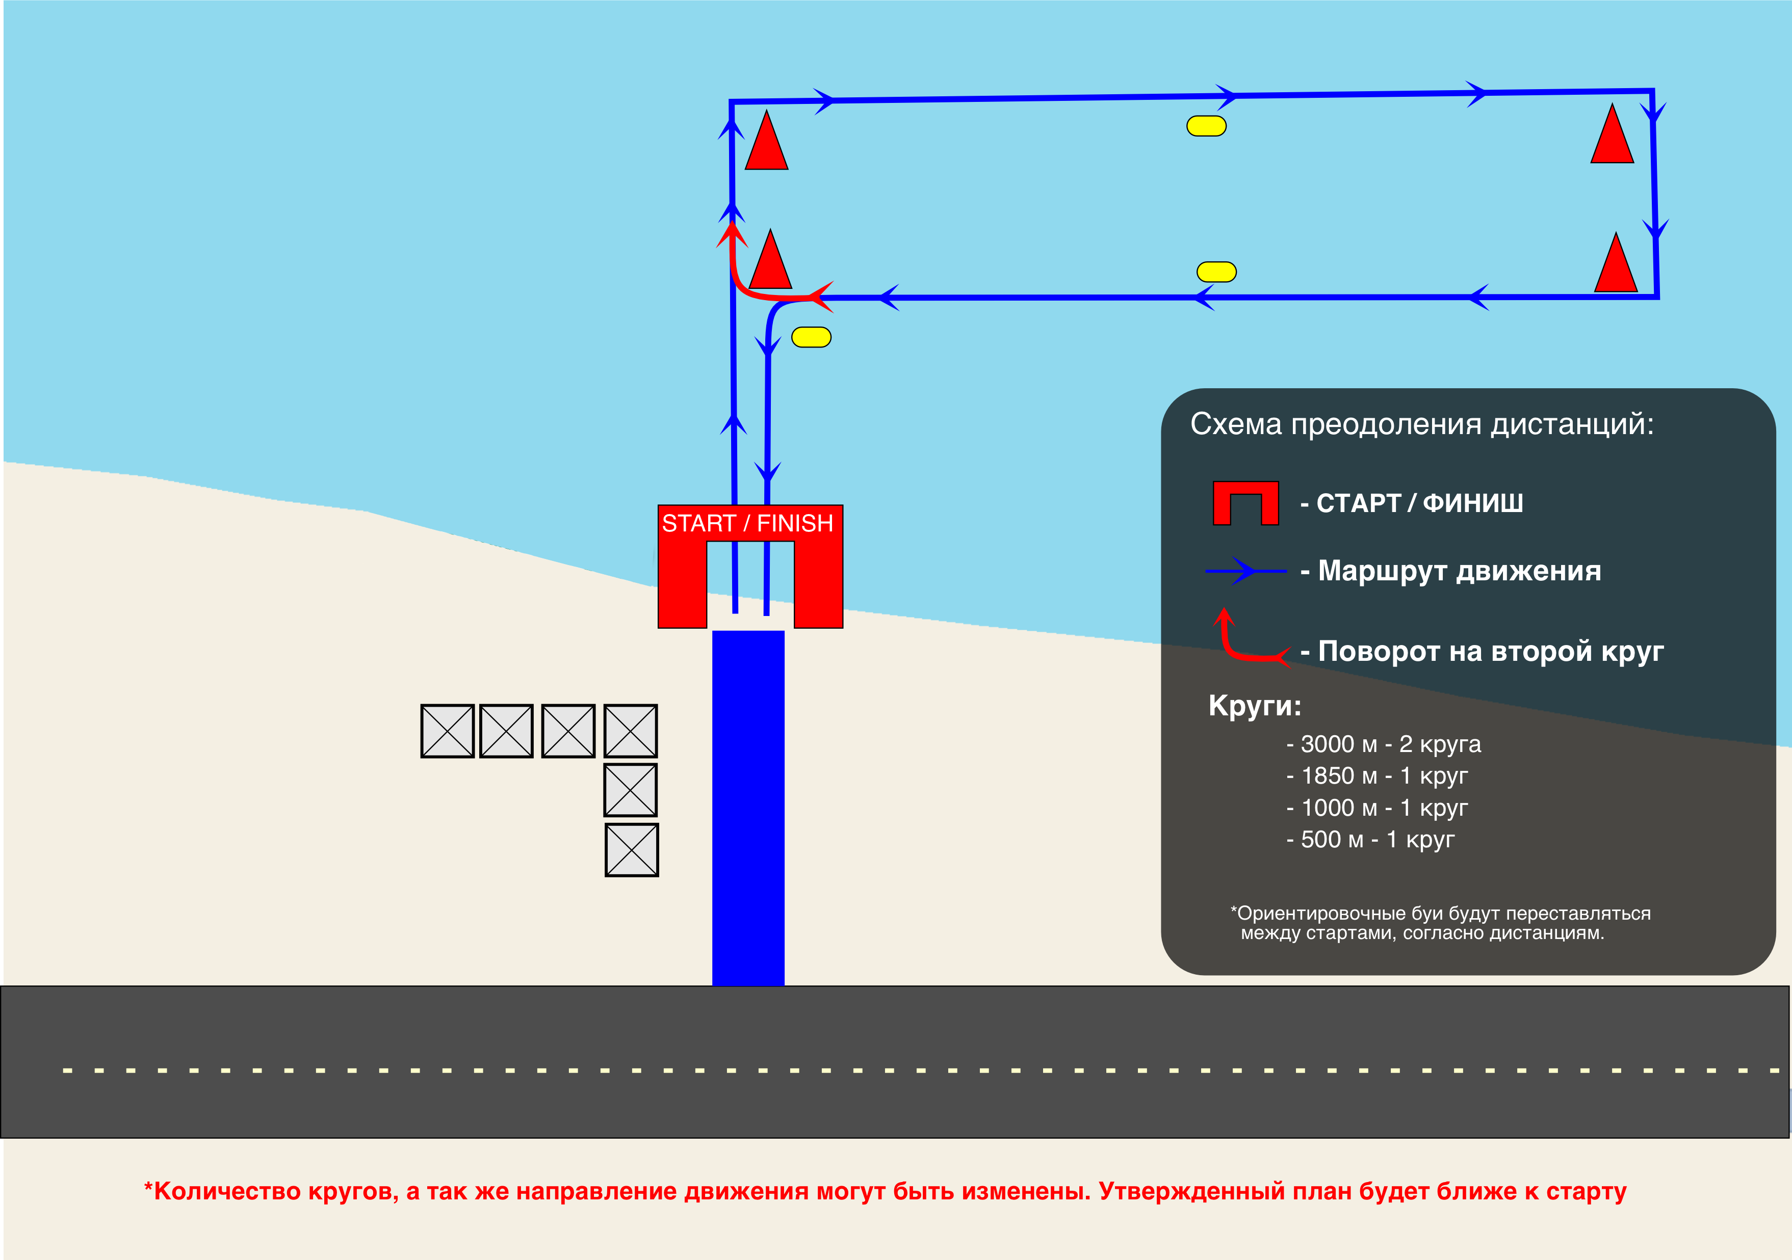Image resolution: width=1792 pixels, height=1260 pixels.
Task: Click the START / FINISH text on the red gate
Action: (748, 523)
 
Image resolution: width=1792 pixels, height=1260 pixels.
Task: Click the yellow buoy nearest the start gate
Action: (811, 337)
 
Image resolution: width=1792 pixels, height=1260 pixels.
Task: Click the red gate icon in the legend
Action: (1245, 503)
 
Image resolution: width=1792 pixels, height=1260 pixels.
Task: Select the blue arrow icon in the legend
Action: (1245, 571)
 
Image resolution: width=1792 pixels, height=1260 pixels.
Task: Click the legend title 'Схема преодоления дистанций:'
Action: (1421, 424)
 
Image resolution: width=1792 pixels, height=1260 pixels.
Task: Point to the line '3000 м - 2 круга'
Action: (1383, 744)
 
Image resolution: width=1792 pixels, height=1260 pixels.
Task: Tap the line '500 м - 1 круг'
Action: (1370, 840)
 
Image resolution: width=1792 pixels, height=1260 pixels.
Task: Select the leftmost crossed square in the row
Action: (447, 731)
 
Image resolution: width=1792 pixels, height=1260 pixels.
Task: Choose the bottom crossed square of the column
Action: (632, 850)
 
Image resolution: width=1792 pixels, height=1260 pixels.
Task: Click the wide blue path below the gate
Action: (748, 808)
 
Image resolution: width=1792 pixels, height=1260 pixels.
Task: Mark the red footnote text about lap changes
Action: (885, 1191)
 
